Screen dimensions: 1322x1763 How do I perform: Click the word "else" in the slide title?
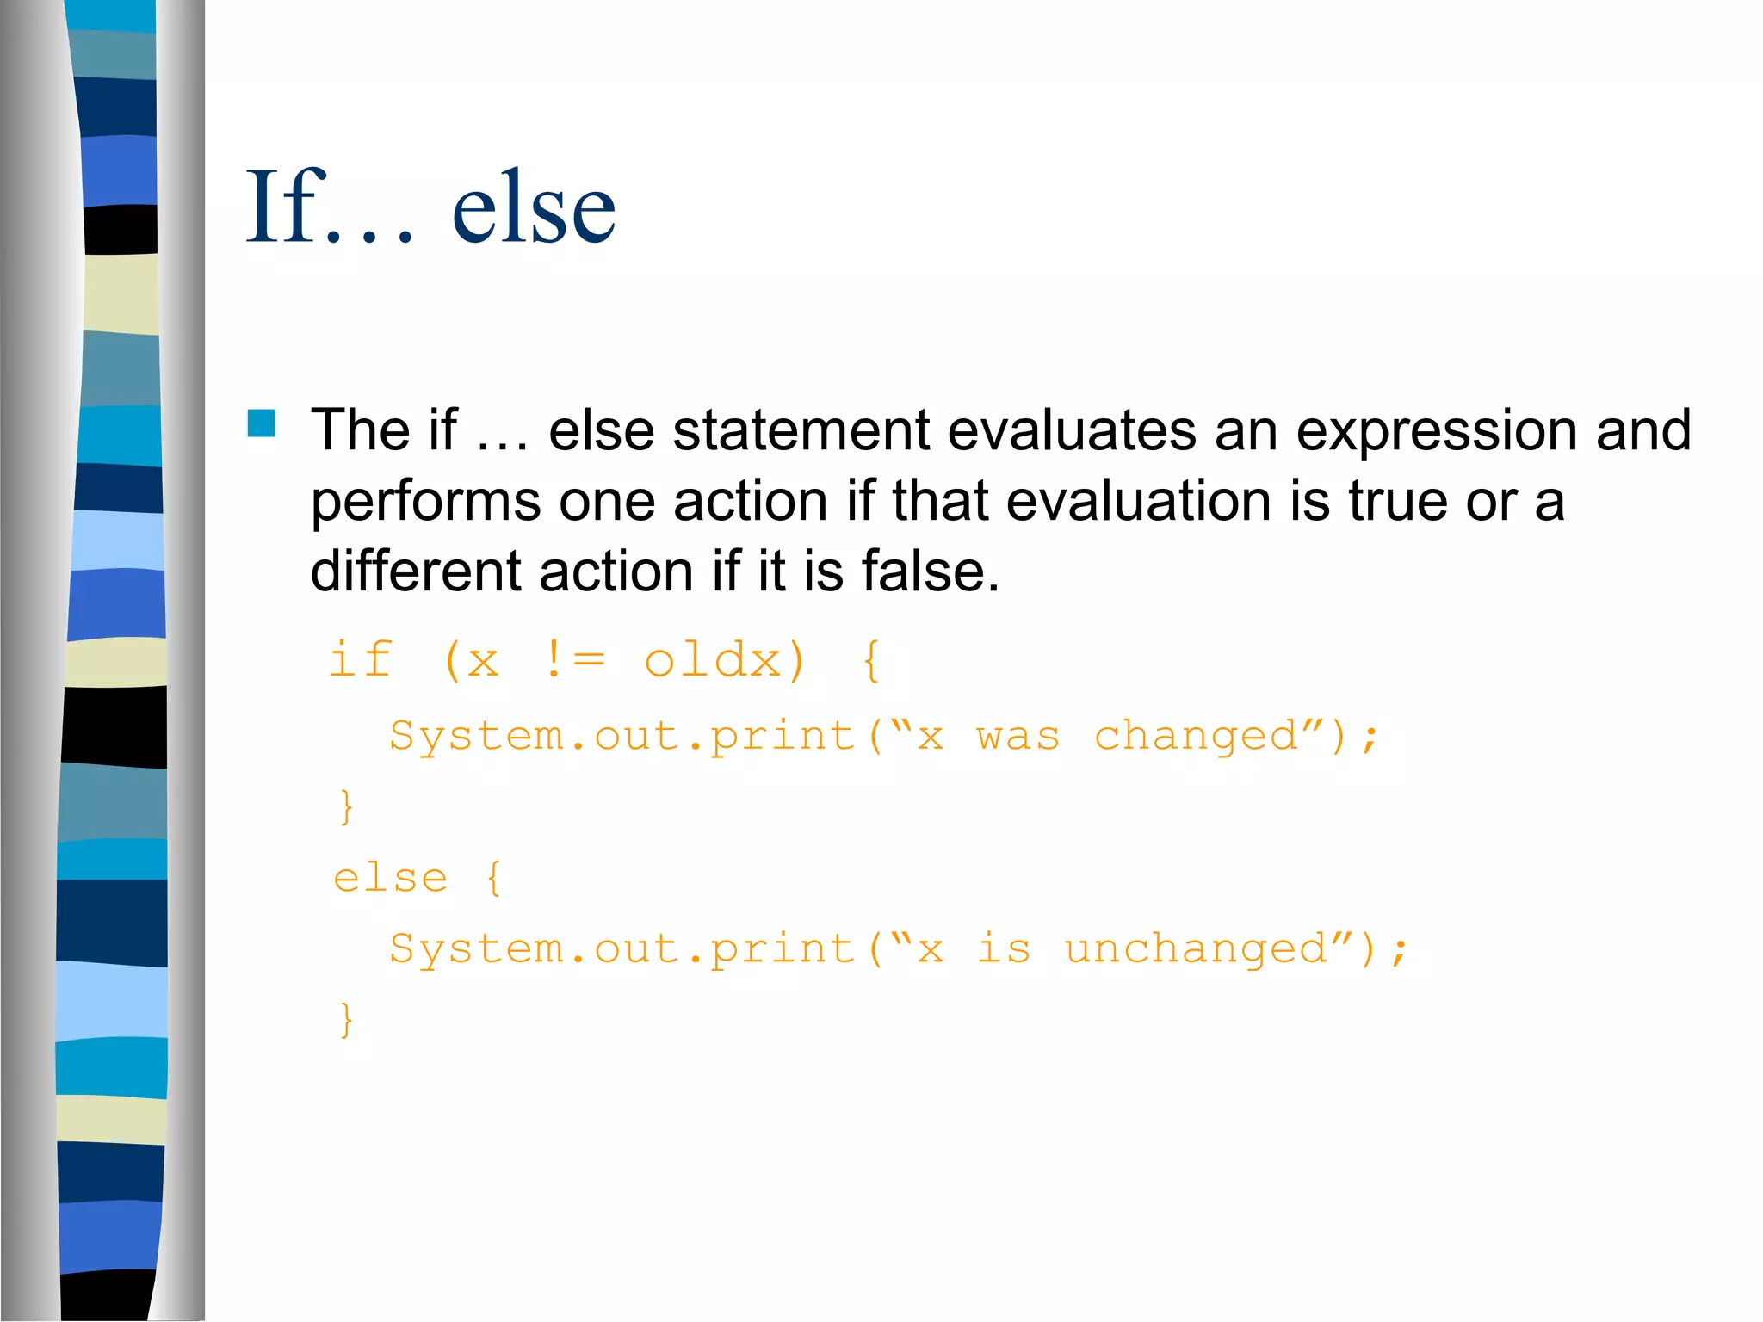(x=534, y=207)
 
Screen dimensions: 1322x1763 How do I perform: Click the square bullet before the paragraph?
(x=262, y=423)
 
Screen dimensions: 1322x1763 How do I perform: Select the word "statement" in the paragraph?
(x=801, y=430)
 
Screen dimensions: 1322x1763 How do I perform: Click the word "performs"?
(x=425, y=503)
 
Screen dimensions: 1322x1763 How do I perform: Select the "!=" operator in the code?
(x=574, y=661)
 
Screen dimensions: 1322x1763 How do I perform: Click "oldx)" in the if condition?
(x=724, y=661)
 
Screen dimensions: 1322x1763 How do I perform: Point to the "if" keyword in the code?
(x=361, y=661)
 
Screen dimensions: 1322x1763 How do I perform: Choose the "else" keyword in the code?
(x=391, y=879)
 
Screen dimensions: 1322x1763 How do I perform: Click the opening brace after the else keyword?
(x=493, y=879)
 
